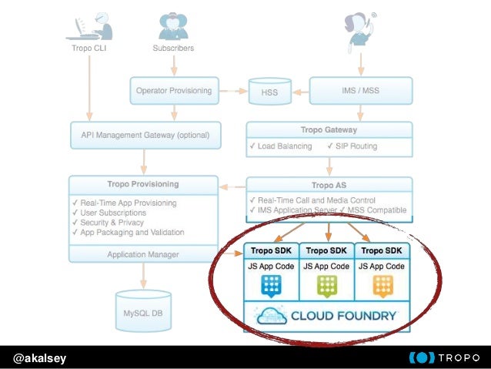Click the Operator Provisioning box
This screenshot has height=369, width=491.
tap(173, 90)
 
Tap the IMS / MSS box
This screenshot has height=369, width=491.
tap(360, 90)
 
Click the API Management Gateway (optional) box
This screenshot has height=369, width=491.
tap(145, 135)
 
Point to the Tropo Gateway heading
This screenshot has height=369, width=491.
tap(329, 129)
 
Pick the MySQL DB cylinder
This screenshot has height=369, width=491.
tap(142, 312)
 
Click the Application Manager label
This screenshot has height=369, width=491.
tap(142, 253)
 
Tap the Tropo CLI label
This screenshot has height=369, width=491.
tap(89, 48)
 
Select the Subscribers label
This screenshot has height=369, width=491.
tap(173, 48)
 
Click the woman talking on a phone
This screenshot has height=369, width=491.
tap(359, 26)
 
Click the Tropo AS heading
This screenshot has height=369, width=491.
tap(329, 186)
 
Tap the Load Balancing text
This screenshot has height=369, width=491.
tap(285, 146)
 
